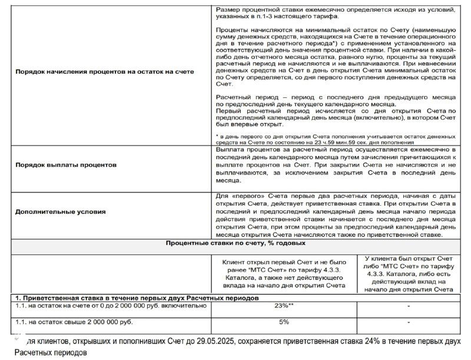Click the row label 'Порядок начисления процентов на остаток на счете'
pos(104,72)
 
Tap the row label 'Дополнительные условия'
pos(61,212)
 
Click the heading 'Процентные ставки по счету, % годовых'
pos(235,243)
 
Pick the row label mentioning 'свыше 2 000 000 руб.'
pos(75,322)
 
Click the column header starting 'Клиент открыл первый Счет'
pos(284,273)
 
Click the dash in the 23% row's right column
pos(408,306)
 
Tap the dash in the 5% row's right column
pos(408,322)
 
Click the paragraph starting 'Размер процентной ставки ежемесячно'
pos(334,14)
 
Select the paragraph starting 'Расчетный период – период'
pos(334,100)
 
